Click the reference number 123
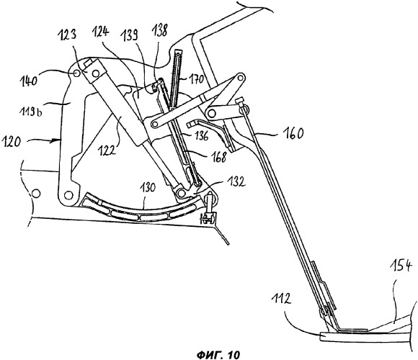coord(68,35)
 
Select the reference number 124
coord(101,31)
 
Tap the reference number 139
coord(129,35)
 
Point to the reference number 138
coord(159,30)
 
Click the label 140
coord(29,80)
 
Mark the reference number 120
coord(10,141)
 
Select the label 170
coord(197,79)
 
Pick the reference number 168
coord(218,156)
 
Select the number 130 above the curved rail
coord(147,187)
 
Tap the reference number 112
coord(281,300)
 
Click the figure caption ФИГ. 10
coord(218,354)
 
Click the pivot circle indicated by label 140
coord(76,73)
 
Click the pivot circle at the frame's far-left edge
coord(36,193)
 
